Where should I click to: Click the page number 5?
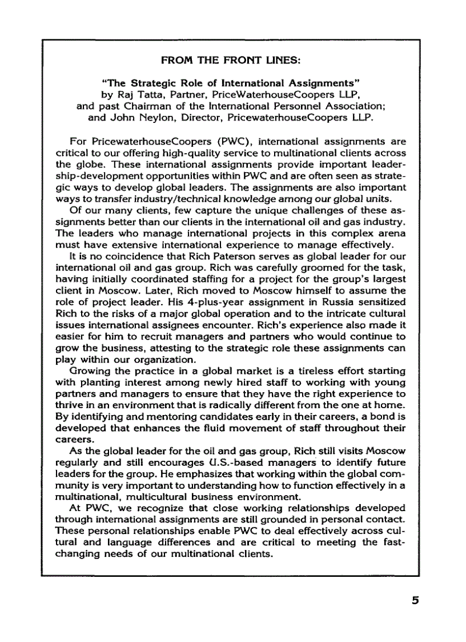(415, 600)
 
